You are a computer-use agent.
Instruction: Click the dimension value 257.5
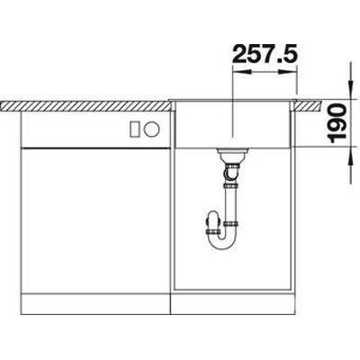pyautogui.click(x=265, y=54)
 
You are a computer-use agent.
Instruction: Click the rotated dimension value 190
pyautogui.click(x=337, y=122)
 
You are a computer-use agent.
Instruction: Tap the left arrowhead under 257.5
pyautogui.click(x=242, y=72)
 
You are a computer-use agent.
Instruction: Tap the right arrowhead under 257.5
pyautogui.click(x=288, y=72)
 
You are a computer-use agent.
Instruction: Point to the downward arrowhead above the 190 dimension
pyautogui.click(x=350, y=89)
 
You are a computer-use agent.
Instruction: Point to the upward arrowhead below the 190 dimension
pyautogui.click(x=350, y=156)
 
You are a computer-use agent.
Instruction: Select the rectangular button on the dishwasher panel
pyautogui.click(x=134, y=130)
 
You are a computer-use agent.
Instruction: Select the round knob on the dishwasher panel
pyautogui.click(x=151, y=130)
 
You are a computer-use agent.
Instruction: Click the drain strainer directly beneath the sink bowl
pyautogui.click(x=232, y=154)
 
